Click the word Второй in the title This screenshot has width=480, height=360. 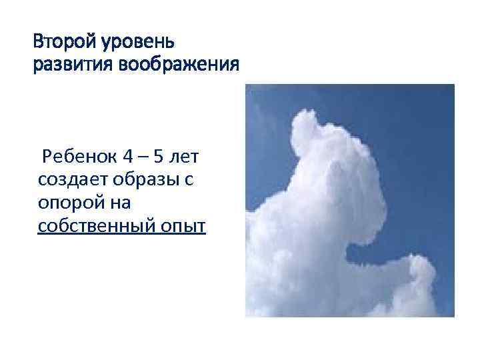click(x=65, y=42)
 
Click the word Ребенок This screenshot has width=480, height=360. click(x=77, y=157)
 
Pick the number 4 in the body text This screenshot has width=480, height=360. click(x=127, y=157)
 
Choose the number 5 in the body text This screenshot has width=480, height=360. click(x=157, y=157)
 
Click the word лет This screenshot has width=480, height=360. click(x=187, y=157)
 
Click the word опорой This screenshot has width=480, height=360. click(x=65, y=204)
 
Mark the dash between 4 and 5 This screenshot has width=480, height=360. click(x=143, y=158)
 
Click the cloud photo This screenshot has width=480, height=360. click(x=350, y=200)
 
